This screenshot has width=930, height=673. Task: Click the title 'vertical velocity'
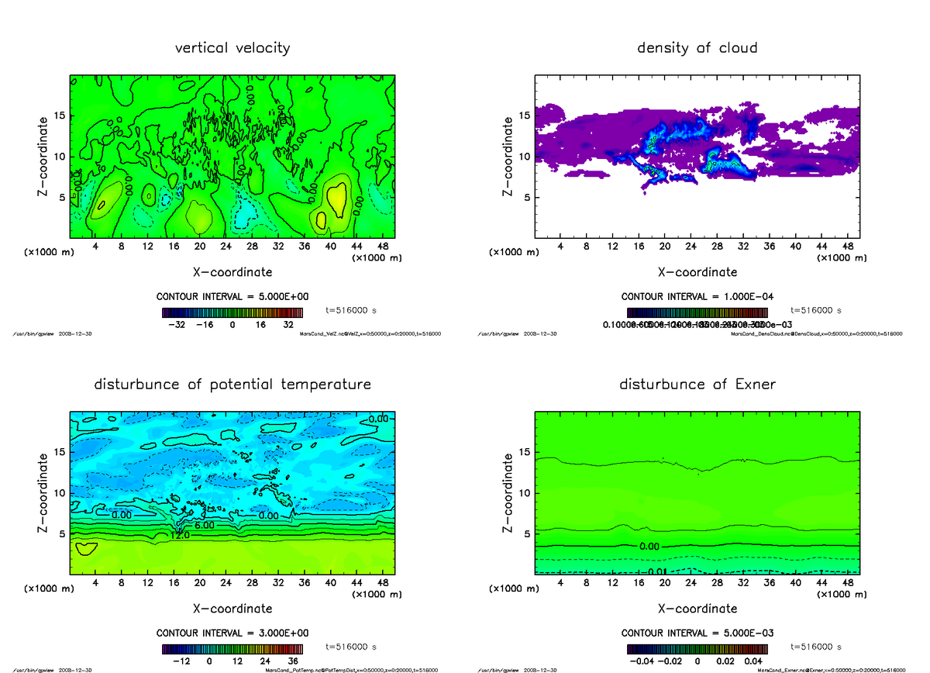click(232, 48)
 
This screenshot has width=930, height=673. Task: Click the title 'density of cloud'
click(697, 48)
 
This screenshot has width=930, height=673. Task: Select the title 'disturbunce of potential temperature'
click(232, 385)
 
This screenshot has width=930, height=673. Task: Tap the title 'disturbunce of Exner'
click(697, 385)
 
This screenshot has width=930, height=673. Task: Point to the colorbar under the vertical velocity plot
click(232, 312)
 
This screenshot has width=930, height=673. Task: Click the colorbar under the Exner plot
click(697, 649)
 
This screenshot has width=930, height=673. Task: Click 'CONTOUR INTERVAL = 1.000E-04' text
click(697, 297)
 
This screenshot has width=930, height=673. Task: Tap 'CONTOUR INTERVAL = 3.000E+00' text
click(232, 633)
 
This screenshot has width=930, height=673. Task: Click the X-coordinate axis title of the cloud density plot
click(697, 272)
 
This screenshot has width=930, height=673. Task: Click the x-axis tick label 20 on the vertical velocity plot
click(199, 247)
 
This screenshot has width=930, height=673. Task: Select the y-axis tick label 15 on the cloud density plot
click(525, 116)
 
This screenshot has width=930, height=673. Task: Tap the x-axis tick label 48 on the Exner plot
click(848, 582)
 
